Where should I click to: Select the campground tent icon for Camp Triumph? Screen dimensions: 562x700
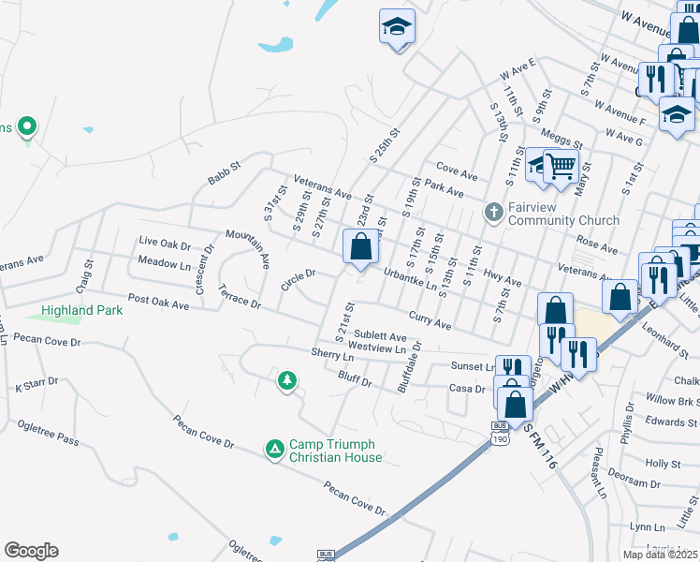tap(275, 451)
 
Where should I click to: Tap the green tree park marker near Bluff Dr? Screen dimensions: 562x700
tap(288, 380)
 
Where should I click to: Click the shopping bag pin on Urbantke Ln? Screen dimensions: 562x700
tap(361, 248)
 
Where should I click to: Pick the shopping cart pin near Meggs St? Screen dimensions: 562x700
tap(561, 167)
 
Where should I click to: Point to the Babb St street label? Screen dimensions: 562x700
tap(225, 170)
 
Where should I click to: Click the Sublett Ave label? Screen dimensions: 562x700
tap(380, 335)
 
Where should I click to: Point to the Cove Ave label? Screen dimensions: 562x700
tap(457, 174)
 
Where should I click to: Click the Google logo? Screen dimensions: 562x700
tap(31, 551)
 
